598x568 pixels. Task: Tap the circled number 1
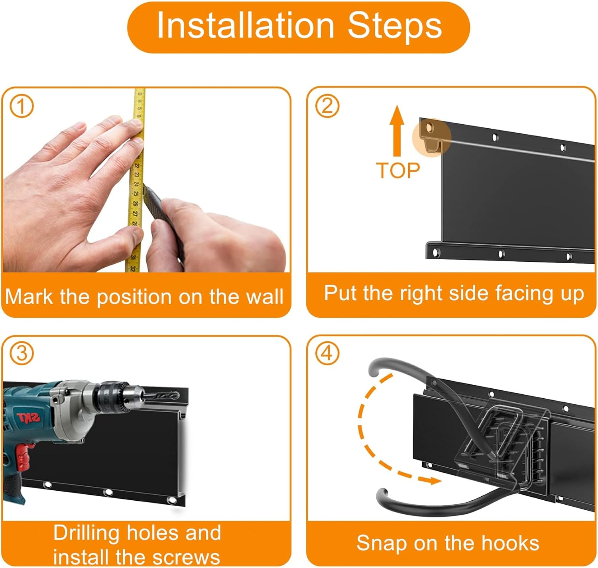(21, 107)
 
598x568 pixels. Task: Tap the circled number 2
(327, 106)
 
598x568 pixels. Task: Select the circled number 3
(22, 354)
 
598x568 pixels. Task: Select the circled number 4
(327, 354)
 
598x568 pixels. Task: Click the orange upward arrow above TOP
(397, 131)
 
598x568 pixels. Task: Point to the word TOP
(398, 170)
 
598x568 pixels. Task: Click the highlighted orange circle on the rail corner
(431, 137)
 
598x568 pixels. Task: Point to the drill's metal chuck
(114, 397)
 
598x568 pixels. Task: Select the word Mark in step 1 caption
(29, 297)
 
